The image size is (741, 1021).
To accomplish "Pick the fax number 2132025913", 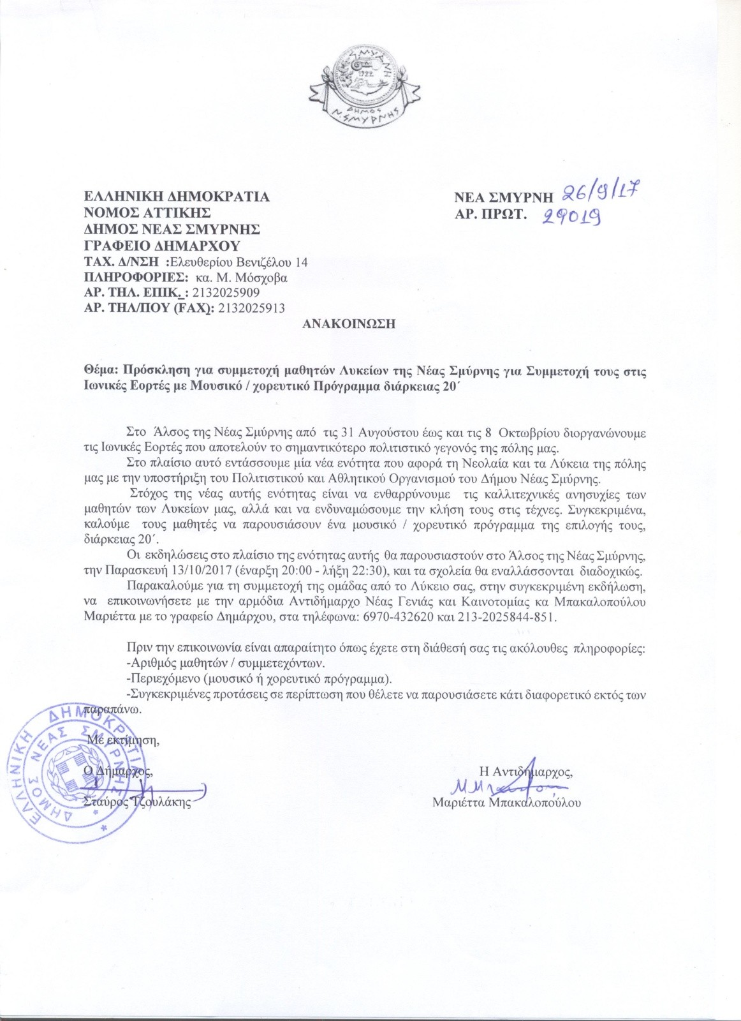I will [251, 308].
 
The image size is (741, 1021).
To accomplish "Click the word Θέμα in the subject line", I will [101, 370].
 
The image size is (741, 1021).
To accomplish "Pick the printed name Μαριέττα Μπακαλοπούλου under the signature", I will [506, 803].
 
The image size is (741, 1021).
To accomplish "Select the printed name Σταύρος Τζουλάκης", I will [138, 803].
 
